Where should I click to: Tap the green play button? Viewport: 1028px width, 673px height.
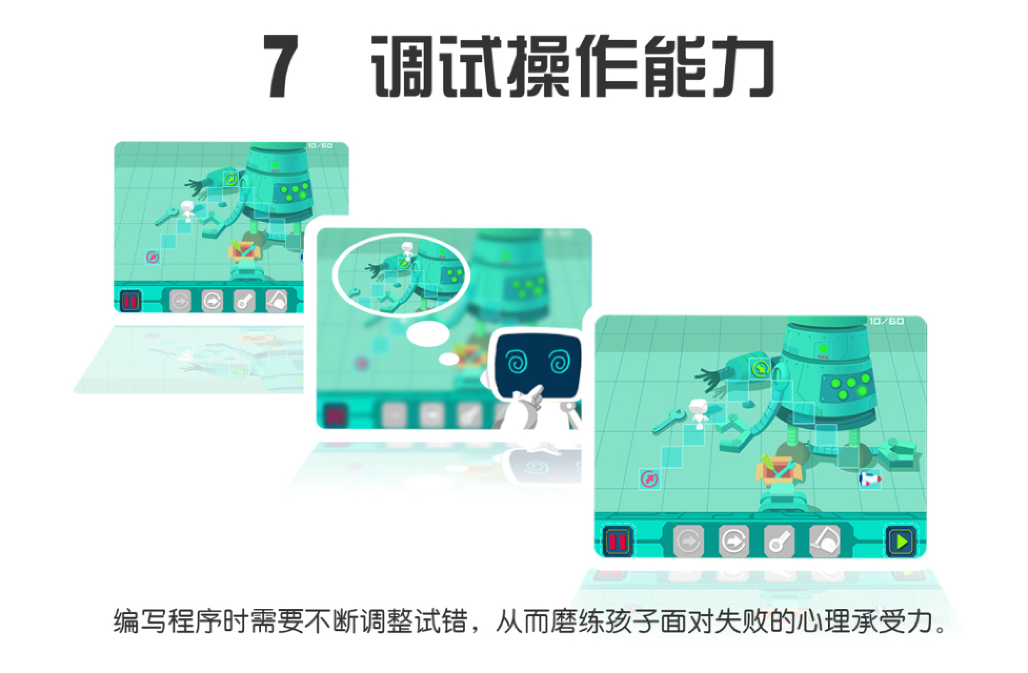(901, 541)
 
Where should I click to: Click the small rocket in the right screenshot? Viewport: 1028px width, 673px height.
(870, 479)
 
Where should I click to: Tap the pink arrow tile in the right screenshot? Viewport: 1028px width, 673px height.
(650, 479)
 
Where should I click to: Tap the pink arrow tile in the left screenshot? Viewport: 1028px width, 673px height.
(153, 257)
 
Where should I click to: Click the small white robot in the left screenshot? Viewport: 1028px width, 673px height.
(187, 210)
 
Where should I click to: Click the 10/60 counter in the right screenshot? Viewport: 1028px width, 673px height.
(886, 321)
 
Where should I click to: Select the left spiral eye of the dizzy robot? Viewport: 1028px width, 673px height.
(515, 362)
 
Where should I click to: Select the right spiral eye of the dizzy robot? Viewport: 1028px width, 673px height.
(559, 362)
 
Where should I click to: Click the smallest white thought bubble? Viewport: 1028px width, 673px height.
(449, 359)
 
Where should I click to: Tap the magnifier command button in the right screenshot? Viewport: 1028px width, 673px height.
(779, 541)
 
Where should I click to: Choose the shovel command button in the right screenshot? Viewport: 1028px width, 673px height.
(824, 541)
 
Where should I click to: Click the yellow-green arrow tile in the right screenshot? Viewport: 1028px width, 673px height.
(760, 369)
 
